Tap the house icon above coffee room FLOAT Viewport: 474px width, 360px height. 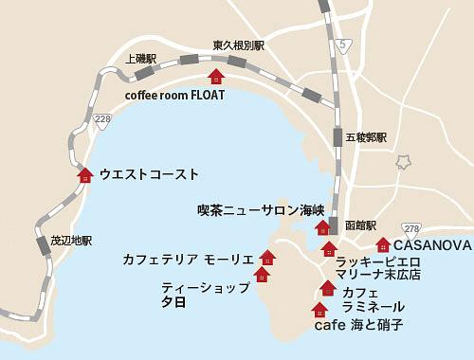[216, 77]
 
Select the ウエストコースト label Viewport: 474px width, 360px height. [149, 174]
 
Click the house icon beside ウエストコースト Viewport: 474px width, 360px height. [85, 174]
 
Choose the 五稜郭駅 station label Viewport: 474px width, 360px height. [366, 137]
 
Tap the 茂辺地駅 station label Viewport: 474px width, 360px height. [71, 241]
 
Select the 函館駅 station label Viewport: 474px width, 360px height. [361, 225]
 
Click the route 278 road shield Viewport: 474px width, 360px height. [410, 229]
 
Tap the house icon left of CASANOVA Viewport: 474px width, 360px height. [383, 245]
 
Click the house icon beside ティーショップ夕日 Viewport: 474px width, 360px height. [262, 275]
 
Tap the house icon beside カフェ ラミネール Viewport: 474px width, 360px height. [328, 288]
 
